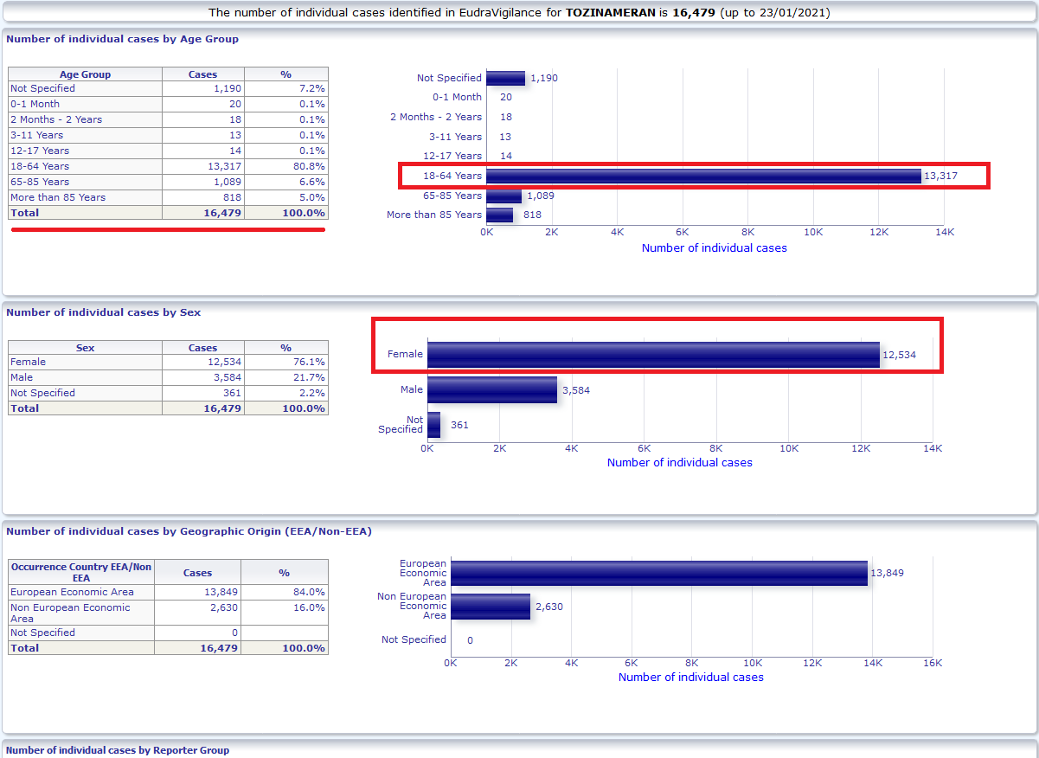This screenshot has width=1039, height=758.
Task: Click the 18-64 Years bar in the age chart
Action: [x=703, y=176]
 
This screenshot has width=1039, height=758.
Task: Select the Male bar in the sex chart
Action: [x=492, y=389]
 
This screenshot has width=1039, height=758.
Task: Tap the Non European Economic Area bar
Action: [x=491, y=607]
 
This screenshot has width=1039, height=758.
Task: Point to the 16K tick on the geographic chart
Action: [x=933, y=663]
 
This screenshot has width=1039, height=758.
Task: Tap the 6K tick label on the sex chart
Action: [x=644, y=448]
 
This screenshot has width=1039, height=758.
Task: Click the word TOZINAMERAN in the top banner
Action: [x=611, y=12]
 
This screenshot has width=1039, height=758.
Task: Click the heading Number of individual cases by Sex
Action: [x=104, y=312]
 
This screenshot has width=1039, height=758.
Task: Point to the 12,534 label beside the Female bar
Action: [x=899, y=355]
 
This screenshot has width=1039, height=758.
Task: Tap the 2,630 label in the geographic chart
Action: [x=549, y=607]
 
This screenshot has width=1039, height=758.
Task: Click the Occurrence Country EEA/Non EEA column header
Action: [x=81, y=573]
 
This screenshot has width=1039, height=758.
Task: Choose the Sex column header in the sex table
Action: [x=85, y=348]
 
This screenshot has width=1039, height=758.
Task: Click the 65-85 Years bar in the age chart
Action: [x=504, y=196]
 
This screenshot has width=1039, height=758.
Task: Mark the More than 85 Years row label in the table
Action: [x=58, y=197]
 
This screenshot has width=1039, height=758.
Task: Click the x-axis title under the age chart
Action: [x=715, y=247]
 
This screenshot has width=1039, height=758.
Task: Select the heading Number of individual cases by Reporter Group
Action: [x=118, y=750]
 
